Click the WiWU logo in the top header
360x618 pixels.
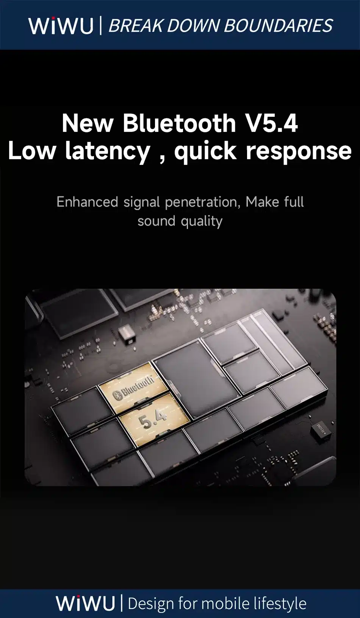[x=61, y=25]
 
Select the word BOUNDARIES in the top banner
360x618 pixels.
[x=279, y=26]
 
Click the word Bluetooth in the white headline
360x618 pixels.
[x=180, y=123]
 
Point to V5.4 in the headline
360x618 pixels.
[x=272, y=123]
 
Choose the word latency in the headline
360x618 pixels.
[x=108, y=151]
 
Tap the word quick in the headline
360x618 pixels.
[x=206, y=151]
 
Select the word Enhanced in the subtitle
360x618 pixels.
[x=88, y=202]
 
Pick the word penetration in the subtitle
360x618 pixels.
[x=201, y=202]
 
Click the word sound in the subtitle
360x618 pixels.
[x=157, y=221]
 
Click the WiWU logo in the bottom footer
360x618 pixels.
[x=85, y=603]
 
